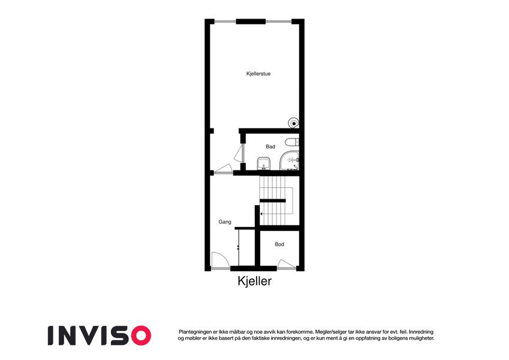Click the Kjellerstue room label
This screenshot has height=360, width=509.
[x=258, y=74]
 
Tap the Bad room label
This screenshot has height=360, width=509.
[x=270, y=146]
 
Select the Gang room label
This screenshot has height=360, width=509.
[x=225, y=222]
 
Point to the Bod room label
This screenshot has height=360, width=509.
[x=279, y=244]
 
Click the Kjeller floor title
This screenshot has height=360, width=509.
[x=254, y=281]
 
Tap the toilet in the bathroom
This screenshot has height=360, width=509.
[x=292, y=142]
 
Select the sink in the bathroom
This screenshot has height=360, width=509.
[x=263, y=163]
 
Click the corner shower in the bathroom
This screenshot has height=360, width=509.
[x=289, y=161]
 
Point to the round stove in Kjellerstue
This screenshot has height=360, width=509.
[x=293, y=123]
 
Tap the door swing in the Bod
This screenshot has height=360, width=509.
[x=287, y=264]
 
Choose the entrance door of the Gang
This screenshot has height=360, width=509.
[x=221, y=260]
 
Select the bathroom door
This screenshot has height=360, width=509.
[x=240, y=154]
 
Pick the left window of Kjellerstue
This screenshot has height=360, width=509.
[x=225, y=22]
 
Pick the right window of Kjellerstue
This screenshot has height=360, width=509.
[x=279, y=22]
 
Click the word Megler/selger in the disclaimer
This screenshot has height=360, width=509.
[x=330, y=332]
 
